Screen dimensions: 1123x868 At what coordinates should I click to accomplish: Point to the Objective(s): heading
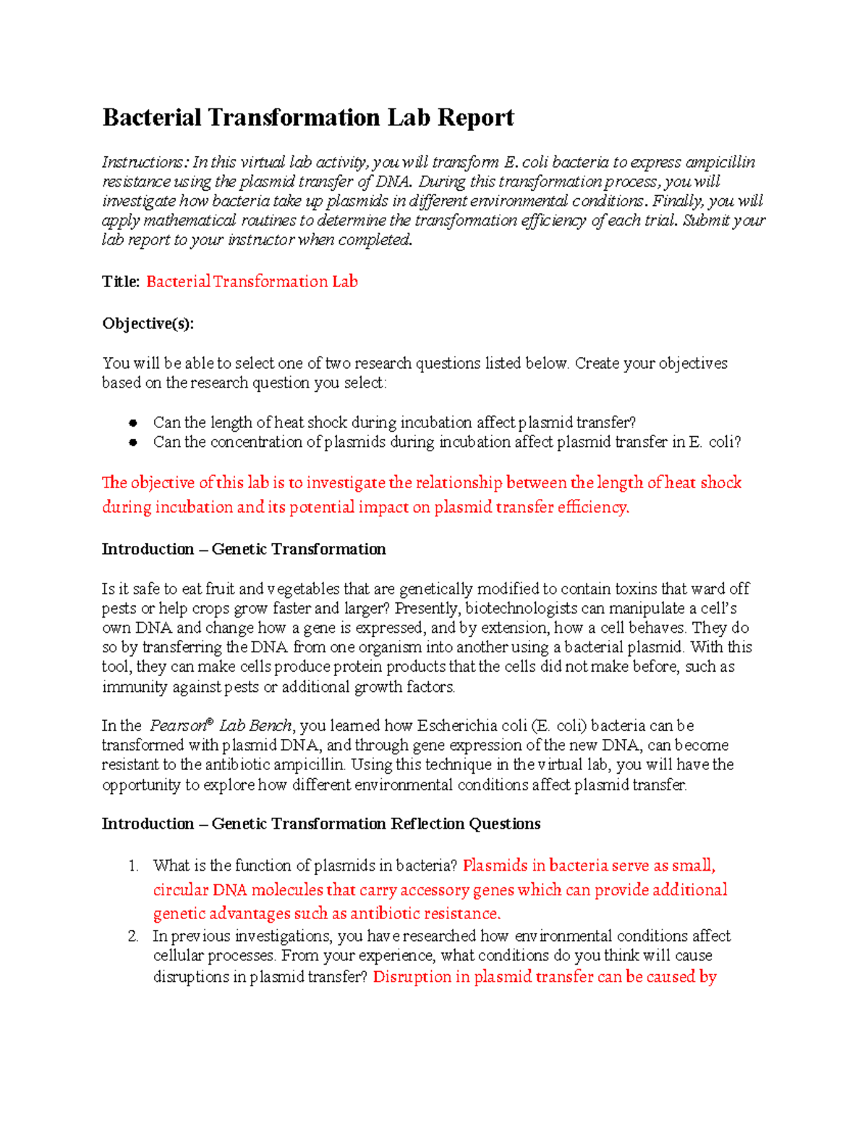pos(148,323)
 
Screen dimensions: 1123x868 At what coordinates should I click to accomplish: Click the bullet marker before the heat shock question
pos(133,422)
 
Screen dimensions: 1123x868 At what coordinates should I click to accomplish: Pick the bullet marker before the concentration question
pos(133,442)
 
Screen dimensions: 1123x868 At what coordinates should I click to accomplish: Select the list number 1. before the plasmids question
pos(133,866)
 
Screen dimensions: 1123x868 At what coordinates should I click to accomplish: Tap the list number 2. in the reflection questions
pos(133,936)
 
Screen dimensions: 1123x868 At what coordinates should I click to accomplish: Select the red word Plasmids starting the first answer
pos(495,866)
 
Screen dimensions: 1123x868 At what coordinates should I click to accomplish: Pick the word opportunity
pos(141,785)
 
